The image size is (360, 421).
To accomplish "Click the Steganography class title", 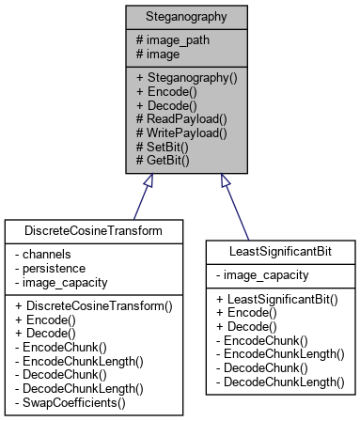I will [180, 17].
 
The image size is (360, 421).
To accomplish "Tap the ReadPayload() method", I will [181, 118].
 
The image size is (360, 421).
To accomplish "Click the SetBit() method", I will [164, 147].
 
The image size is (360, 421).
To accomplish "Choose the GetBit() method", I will [164, 161].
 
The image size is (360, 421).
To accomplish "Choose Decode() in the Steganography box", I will [166, 104].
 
